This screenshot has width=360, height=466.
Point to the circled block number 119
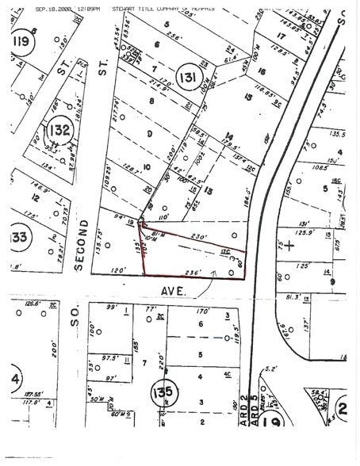(x=21, y=40)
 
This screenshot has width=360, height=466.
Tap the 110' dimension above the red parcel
(x=165, y=216)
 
